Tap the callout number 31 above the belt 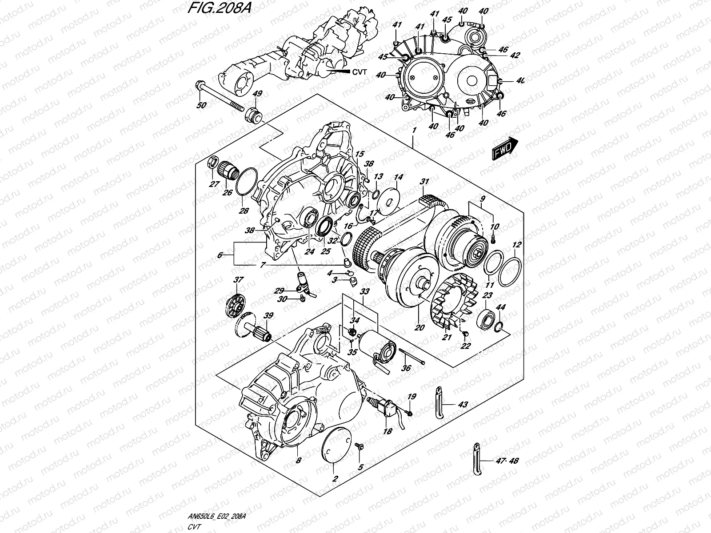tap(425, 181)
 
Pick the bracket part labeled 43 tap(439, 404)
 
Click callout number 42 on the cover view tap(502, 56)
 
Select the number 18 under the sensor tap(387, 431)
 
